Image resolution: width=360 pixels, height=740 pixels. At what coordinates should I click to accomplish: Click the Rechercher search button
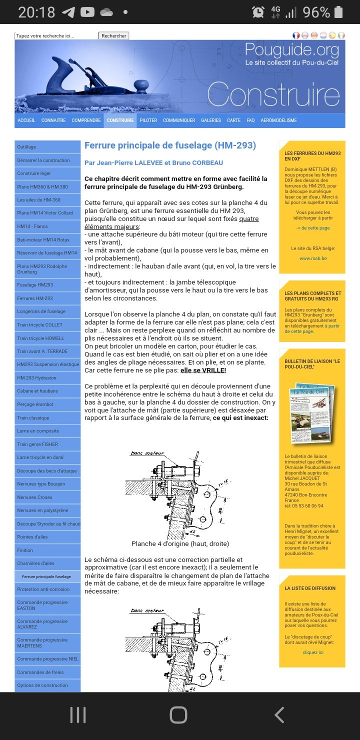114,36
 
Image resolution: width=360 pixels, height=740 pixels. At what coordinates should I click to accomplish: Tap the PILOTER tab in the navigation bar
148,120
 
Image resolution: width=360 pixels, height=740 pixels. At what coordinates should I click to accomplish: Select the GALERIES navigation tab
211,120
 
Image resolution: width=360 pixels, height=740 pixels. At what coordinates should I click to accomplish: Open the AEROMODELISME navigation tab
278,120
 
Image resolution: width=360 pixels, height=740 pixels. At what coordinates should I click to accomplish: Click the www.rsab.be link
313,258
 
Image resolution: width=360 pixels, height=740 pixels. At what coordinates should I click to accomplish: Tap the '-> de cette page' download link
313,228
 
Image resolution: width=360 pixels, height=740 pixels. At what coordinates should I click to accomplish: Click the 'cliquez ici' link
313,652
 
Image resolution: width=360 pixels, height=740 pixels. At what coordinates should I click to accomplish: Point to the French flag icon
296,35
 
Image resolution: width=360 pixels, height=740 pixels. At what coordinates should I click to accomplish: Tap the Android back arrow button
279,715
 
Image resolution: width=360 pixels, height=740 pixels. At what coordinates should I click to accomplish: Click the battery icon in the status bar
338,12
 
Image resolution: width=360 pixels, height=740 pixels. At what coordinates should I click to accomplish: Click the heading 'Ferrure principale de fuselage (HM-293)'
170,145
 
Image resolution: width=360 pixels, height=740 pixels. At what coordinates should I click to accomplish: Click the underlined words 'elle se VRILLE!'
203,370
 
